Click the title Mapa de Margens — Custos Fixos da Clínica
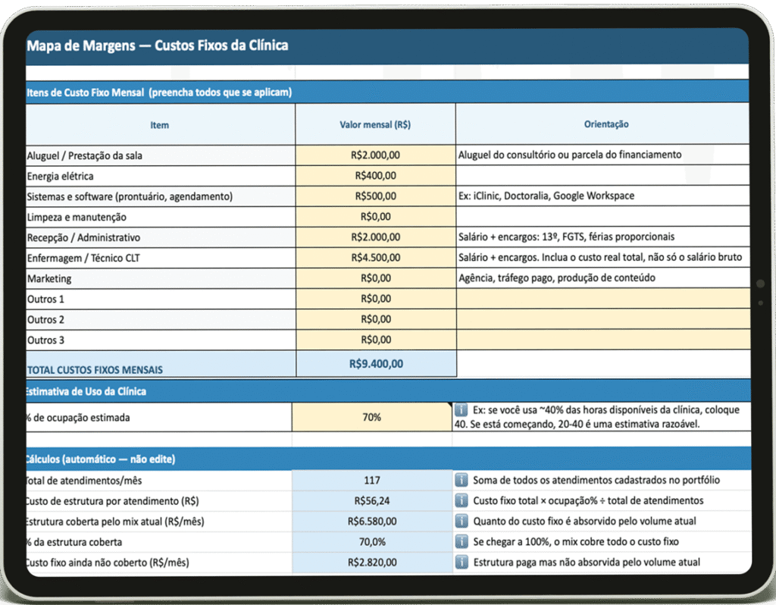tap(158, 45)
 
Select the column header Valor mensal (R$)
tap(375, 124)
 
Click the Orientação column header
tap(605, 124)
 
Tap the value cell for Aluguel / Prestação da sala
tap(375, 155)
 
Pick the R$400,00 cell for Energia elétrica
tap(375, 176)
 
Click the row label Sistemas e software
tap(130, 196)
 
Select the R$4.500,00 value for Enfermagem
tap(375, 258)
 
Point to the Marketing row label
tap(50, 279)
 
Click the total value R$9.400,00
tap(376, 364)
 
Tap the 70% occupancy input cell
tap(371, 417)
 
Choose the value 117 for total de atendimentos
tap(371, 481)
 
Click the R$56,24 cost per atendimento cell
tap(371, 501)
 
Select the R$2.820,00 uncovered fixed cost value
tap(371, 563)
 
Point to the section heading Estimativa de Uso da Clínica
tap(86, 392)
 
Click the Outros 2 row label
tap(46, 320)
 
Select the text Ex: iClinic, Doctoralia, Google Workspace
tap(546, 196)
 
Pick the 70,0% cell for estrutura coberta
tap(371, 542)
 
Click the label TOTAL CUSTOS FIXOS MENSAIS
tap(95, 370)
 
